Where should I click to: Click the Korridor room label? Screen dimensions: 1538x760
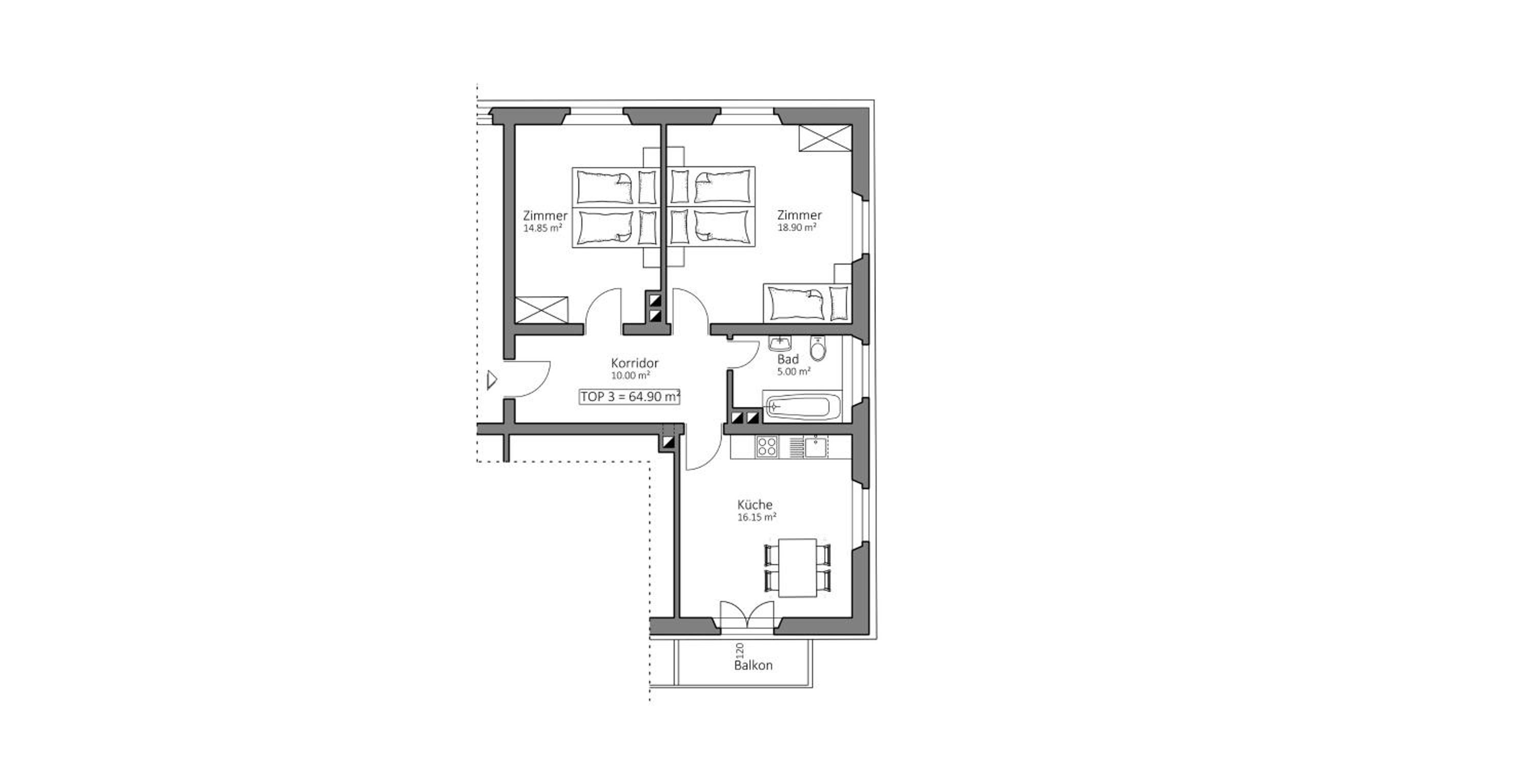635,363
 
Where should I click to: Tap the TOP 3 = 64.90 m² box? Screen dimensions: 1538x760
630,396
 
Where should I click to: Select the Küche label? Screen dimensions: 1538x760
755,505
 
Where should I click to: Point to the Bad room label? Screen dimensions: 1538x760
788,359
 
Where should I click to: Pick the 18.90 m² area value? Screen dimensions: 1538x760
797,228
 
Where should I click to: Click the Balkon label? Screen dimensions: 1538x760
753,665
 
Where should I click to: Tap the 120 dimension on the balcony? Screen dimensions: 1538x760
740,650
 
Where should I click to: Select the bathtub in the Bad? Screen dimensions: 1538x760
801,407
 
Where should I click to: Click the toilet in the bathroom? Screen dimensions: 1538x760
818,349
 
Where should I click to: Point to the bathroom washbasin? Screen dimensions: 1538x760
780,343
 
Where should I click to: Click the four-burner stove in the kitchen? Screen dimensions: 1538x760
767,447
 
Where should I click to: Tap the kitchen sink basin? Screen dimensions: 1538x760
816,447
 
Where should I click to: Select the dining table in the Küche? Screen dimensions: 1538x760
798,567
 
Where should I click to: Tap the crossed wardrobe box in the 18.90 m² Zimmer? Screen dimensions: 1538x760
826,138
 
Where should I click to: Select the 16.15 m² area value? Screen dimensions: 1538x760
757,517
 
